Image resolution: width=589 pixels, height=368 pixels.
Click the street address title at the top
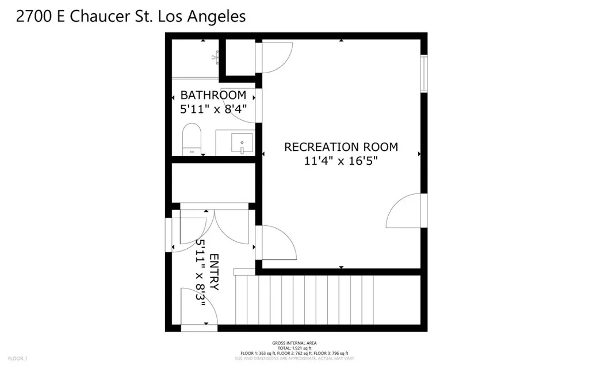pyautogui.click(x=131, y=16)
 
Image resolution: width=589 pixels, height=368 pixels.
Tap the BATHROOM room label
pyautogui.click(x=213, y=95)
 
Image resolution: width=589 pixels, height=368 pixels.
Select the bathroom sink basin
pyautogui.click(x=242, y=141)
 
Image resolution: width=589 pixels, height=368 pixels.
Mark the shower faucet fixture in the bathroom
pyautogui.click(x=217, y=56)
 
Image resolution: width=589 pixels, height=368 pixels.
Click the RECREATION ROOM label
pyautogui.click(x=341, y=147)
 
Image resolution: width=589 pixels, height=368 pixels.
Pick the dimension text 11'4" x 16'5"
pyautogui.click(x=341, y=161)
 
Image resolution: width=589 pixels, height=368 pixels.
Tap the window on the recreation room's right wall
pyautogui.click(x=424, y=73)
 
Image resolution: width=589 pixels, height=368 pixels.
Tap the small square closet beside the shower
pyautogui.click(x=240, y=56)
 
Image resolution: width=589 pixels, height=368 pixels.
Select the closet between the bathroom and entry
pyautogui.click(x=213, y=183)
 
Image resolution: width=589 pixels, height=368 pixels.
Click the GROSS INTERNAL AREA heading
pyautogui.click(x=294, y=343)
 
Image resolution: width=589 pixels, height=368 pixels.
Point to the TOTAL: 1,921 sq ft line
pyautogui.click(x=294, y=348)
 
